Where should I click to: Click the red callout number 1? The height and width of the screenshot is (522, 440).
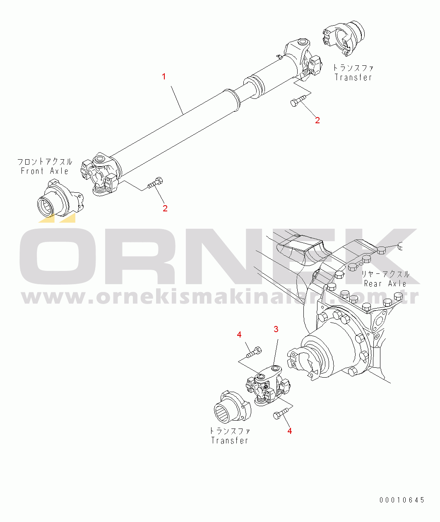point(164,77)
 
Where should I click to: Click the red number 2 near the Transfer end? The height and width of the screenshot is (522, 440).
point(317,120)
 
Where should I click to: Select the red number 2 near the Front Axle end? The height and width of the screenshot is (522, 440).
point(165,208)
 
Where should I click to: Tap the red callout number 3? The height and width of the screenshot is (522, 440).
point(276,329)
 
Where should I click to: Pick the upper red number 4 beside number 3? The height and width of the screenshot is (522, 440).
point(239,335)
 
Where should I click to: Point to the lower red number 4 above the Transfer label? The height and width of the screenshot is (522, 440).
point(290,431)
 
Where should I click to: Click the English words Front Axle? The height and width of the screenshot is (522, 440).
point(45,171)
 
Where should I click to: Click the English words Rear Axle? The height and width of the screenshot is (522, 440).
point(385,283)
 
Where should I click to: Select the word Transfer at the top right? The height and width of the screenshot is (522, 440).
point(353,77)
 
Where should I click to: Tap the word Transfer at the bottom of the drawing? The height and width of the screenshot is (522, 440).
point(229,447)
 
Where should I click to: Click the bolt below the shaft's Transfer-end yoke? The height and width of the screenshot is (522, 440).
point(299,101)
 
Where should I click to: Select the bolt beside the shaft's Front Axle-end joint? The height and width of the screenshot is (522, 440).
point(155,183)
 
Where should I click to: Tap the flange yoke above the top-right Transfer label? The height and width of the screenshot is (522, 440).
point(343,38)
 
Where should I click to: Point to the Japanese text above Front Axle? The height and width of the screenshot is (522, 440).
point(45,162)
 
